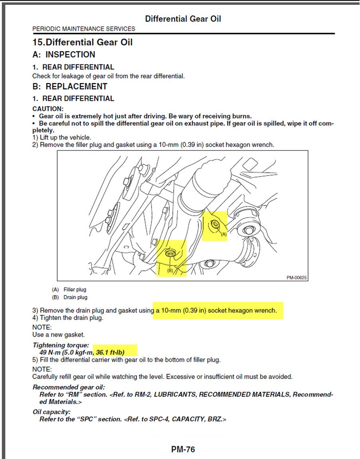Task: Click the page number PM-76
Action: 183,449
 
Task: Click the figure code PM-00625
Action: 296,277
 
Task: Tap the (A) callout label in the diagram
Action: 224,235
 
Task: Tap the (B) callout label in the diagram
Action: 170,271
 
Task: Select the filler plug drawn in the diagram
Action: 215,224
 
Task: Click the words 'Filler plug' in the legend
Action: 75,289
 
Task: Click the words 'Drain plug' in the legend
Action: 75,297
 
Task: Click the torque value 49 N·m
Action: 49,352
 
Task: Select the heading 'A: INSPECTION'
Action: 64,55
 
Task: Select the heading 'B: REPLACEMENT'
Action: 70,86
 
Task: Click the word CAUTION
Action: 48,109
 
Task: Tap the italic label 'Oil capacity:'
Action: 52,412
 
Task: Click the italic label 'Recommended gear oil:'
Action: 69,387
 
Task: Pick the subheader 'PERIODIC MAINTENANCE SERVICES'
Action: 84,29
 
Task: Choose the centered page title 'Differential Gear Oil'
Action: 183,19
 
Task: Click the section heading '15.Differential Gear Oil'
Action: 82,42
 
